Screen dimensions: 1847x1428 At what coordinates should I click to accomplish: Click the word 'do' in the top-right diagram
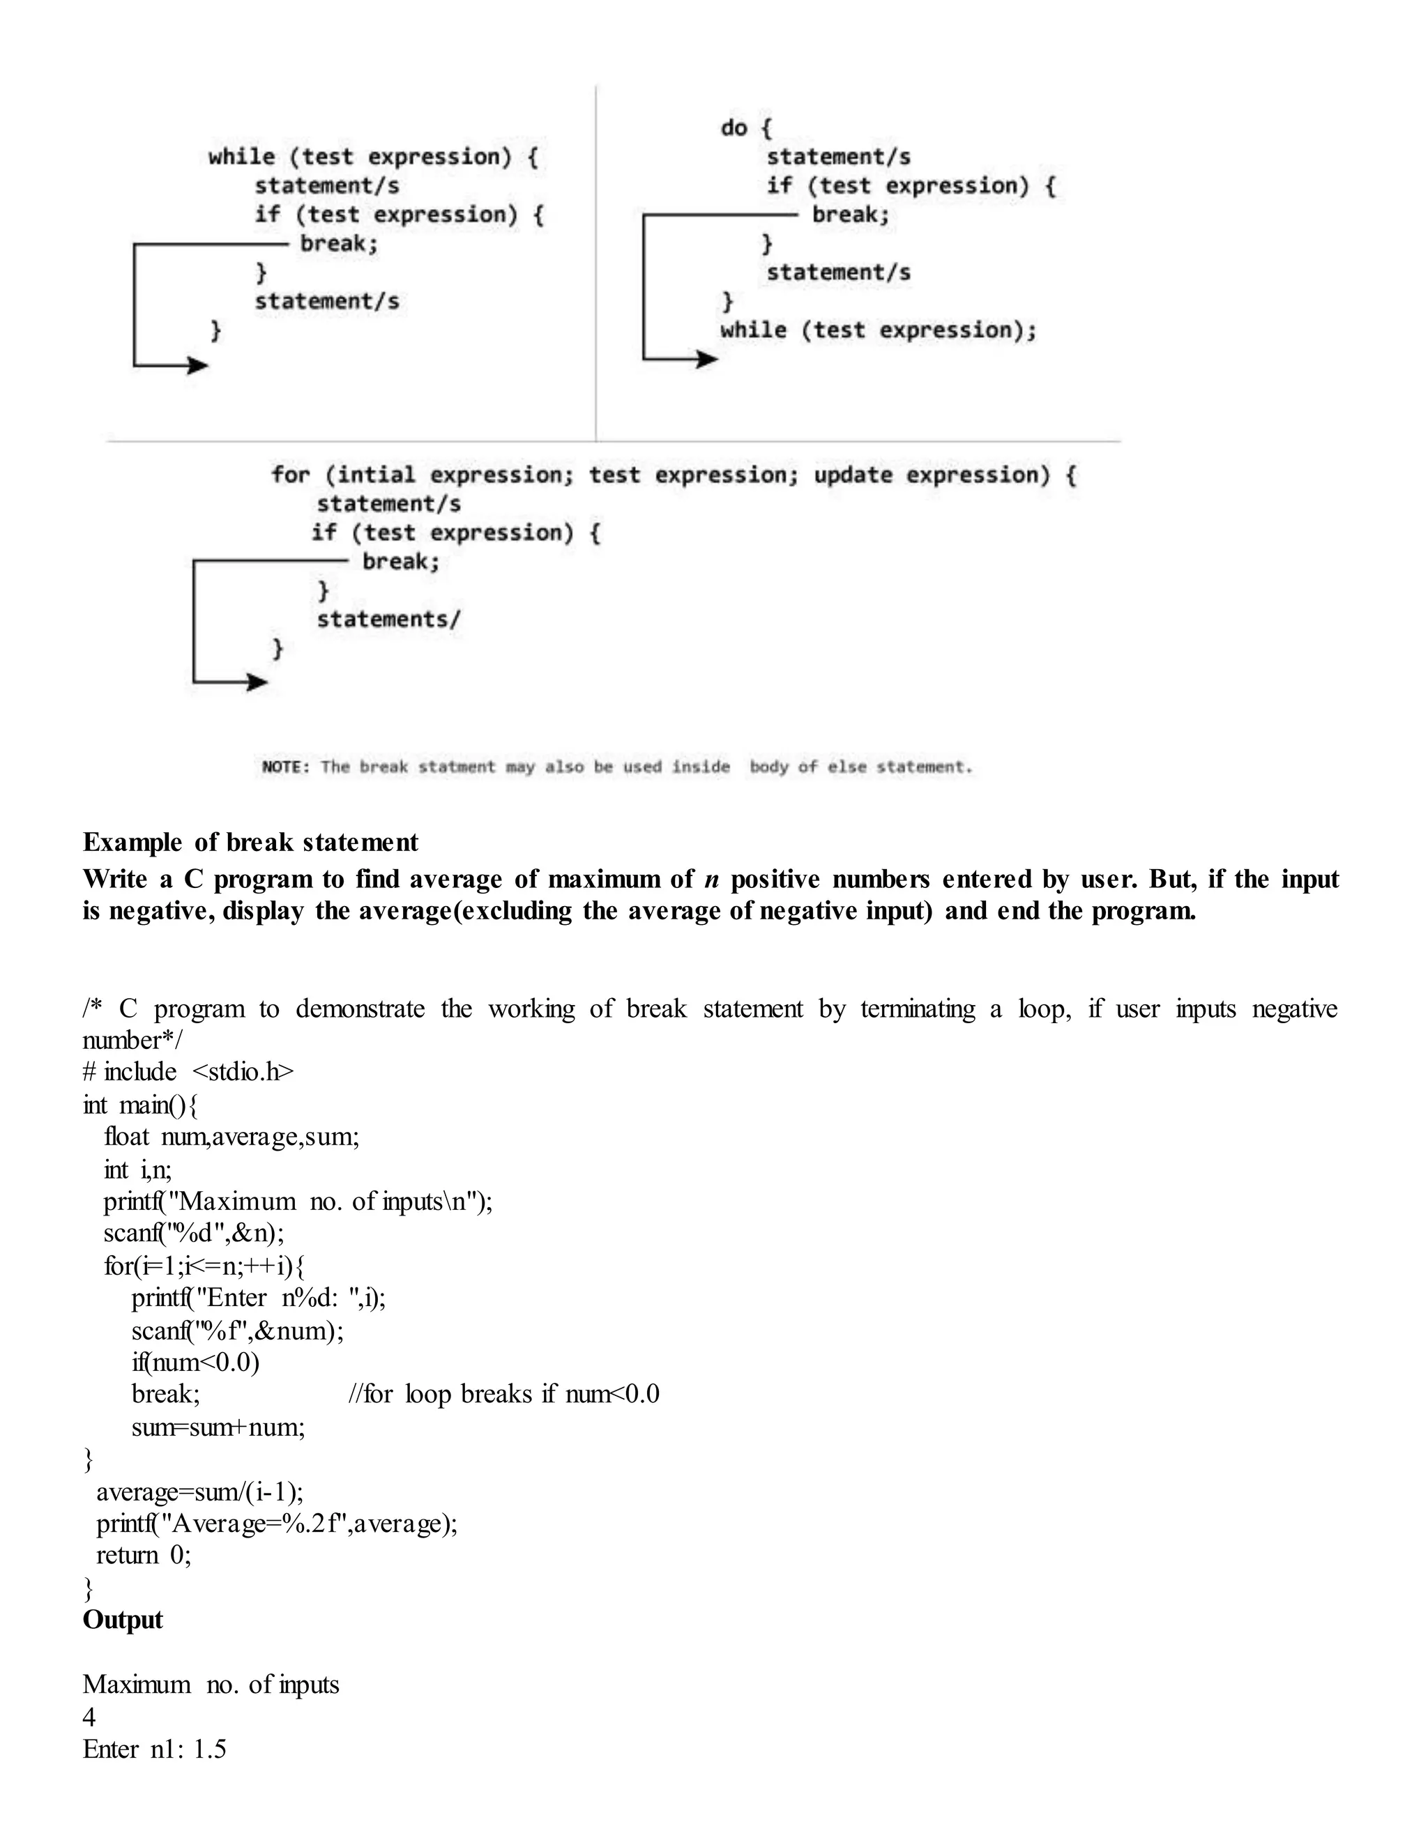click(733, 128)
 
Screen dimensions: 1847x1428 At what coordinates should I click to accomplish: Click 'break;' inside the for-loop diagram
click(401, 562)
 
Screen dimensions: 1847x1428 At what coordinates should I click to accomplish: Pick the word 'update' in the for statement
click(853, 475)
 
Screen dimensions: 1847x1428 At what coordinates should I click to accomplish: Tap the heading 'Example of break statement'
click(250, 843)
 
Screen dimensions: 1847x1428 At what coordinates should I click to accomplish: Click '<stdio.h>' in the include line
click(243, 1071)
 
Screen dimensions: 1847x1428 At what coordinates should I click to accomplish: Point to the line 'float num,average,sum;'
click(231, 1137)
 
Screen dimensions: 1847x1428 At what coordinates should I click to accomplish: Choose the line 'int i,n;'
click(138, 1170)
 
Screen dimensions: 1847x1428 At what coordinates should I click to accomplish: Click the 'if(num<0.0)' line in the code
click(195, 1363)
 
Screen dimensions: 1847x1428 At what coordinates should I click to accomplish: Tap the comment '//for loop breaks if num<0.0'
click(504, 1395)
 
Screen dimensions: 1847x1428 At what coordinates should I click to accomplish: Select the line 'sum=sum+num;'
click(218, 1427)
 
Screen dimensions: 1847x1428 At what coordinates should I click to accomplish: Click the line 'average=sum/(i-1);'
click(199, 1491)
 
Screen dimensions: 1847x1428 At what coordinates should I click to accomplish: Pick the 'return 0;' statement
click(144, 1555)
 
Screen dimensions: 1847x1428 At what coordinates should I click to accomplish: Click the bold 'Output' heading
click(123, 1620)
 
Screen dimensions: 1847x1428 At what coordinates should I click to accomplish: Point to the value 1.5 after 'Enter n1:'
click(210, 1749)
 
